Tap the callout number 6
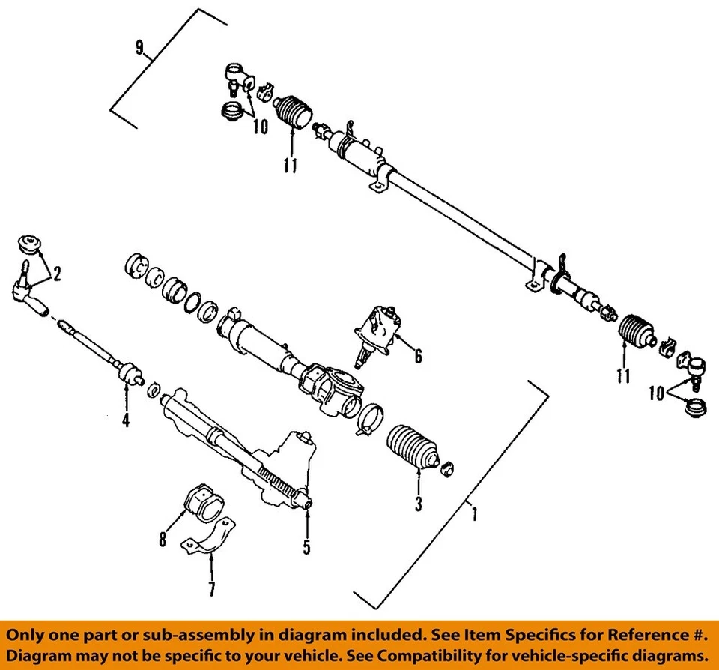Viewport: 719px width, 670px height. click(x=417, y=356)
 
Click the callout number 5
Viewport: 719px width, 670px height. click(x=306, y=547)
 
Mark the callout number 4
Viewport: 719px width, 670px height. click(x=126, y=420)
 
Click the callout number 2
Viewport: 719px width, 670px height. click(x=56, y=275)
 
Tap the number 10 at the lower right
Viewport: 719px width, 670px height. click(x=656, y=393)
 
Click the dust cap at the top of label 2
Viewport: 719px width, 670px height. click(x=29, y=244)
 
